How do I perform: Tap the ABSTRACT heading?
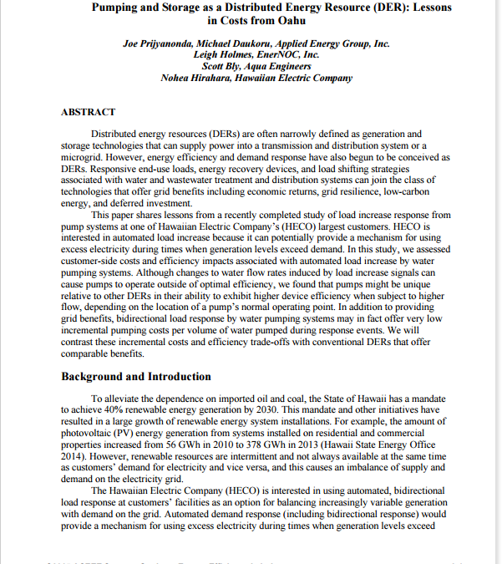tap(89, 112)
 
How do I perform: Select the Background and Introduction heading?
tap(136, 377)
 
